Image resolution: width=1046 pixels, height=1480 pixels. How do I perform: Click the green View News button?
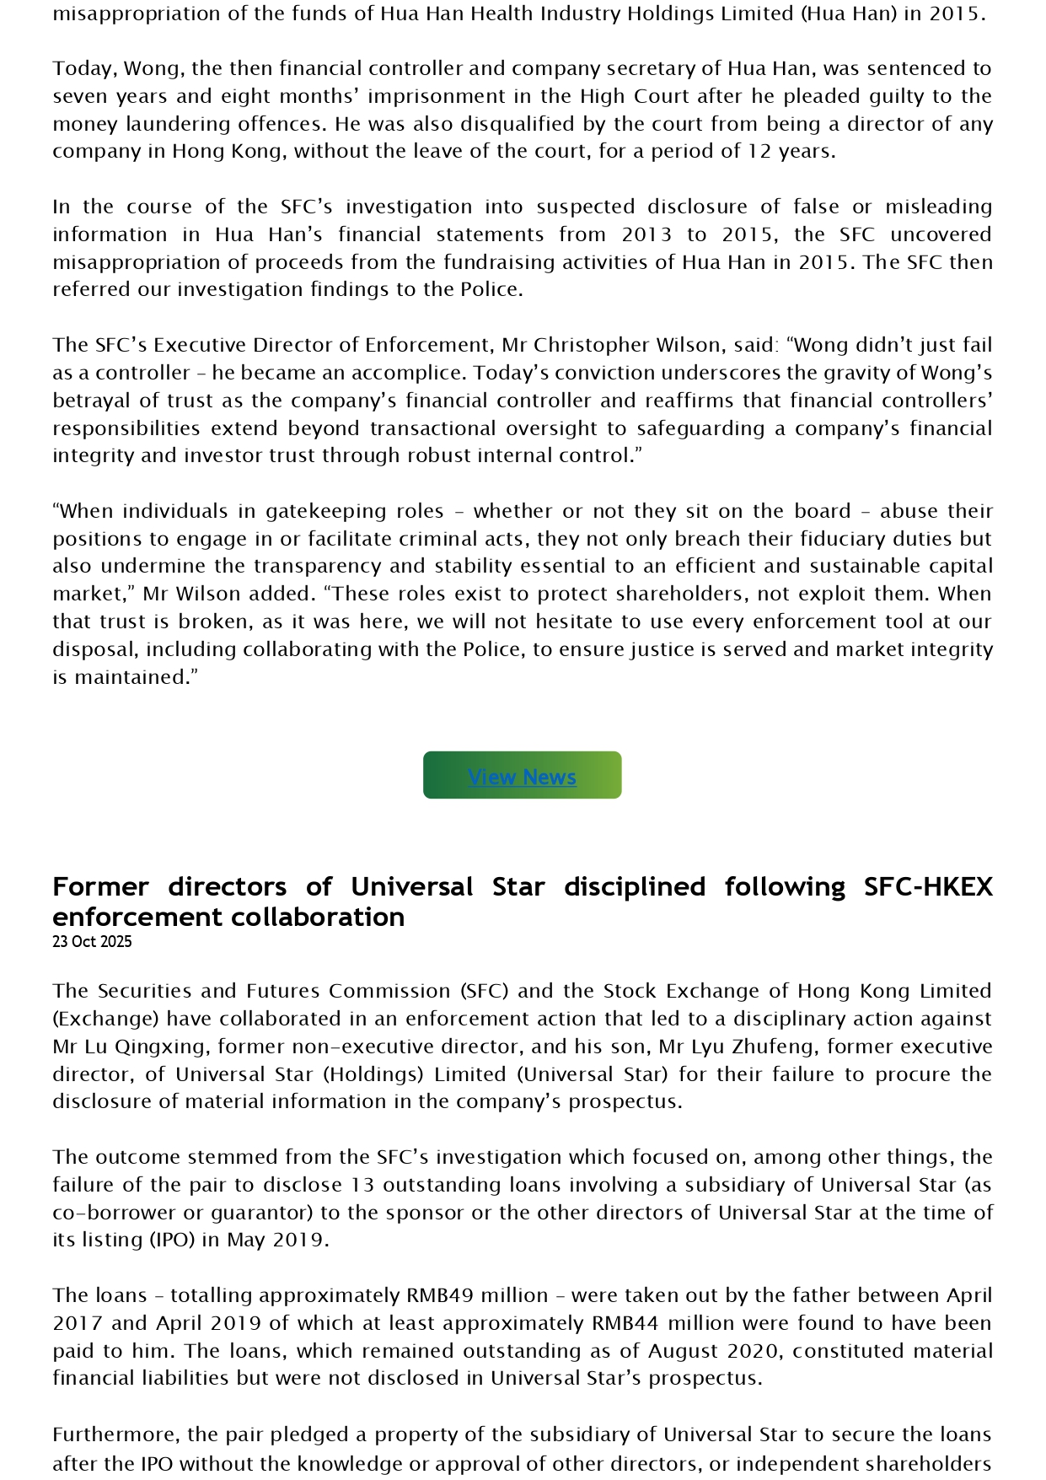tap(522, 776)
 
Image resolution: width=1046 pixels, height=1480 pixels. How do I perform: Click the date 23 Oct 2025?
tap(92, 942)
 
